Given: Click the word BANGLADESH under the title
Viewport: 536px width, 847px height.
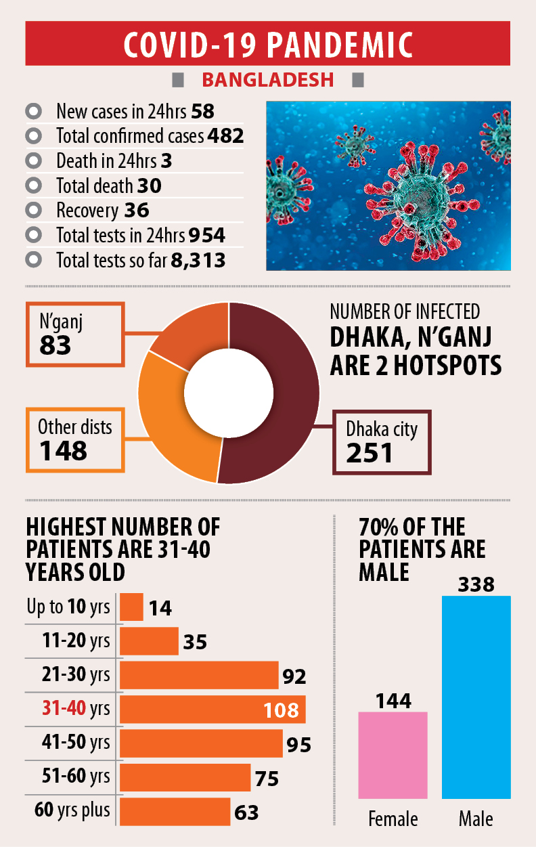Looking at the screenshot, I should click(x=268, y=79).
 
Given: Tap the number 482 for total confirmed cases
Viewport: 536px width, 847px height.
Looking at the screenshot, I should click(x=226, y=136).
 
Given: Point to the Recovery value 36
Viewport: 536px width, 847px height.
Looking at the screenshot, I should click(x=137, y=211).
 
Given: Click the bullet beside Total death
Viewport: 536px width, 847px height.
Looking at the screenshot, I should click(x=33, y=186).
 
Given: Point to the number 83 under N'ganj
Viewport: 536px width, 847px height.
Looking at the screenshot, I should click(x=55, y=346).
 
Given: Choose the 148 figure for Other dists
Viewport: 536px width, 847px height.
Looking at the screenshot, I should click(x=63, y=450).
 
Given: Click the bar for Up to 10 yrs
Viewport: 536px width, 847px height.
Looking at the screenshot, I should click(x=132, y=607).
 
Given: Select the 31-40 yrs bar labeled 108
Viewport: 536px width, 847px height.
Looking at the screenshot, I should click(x=212, y=710).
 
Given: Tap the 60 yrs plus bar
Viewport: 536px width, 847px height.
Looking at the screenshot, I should click(x=175, y=811).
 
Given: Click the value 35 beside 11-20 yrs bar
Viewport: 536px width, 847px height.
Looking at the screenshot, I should click(x=195, y=641).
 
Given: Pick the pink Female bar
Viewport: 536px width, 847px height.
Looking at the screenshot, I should click(x=393, y=755).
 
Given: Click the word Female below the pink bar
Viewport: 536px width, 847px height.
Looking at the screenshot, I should click(x=393, y=820).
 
